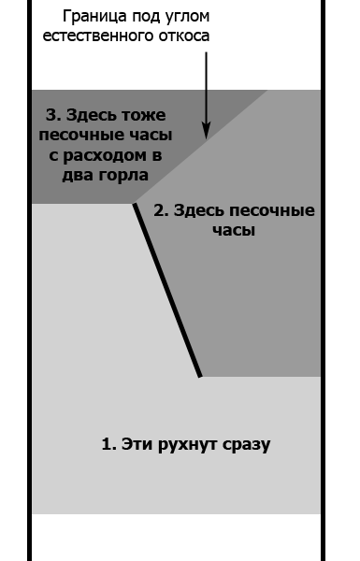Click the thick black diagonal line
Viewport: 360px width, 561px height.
(168, 291)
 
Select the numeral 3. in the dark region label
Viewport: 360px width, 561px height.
(52, 115)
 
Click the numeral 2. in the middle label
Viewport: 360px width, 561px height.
(161, 210)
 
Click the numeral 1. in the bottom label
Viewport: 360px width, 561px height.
(108, 444)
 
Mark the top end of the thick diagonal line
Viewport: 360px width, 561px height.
(135, 205)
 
